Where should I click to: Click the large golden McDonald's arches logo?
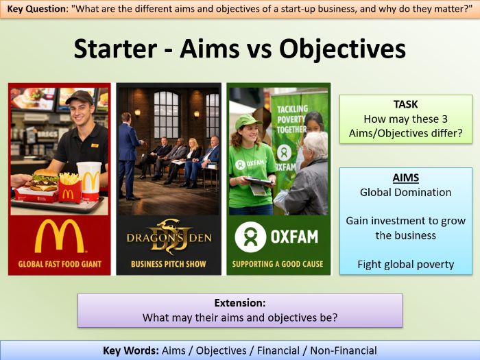click(x=59, y=236)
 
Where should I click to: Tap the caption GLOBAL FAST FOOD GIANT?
click(x=59, y=264)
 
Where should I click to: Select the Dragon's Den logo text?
click(x=168, y=237)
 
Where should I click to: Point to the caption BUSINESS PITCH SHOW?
click(x=168, y=264)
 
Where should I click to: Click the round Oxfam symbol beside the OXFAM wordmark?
click(x=250, y=237)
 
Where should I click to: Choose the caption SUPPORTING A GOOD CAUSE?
click(x=278, y=264)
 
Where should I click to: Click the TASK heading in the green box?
click(x=406, y=104)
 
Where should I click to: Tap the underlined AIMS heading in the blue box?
click(x=406, y=178)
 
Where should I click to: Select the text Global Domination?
click(x=406, y=192)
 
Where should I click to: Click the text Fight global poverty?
click(x=406, y=264)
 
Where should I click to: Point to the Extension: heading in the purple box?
click(x=239, y=302)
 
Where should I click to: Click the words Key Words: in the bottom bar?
click(x=130, y=350)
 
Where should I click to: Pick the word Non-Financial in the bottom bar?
click(x=343, y=350)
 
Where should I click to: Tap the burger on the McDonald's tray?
click(x=45, y=180)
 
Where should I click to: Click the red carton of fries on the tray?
click(x=69, y=189)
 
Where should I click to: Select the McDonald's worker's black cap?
click(x=79, y=97)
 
